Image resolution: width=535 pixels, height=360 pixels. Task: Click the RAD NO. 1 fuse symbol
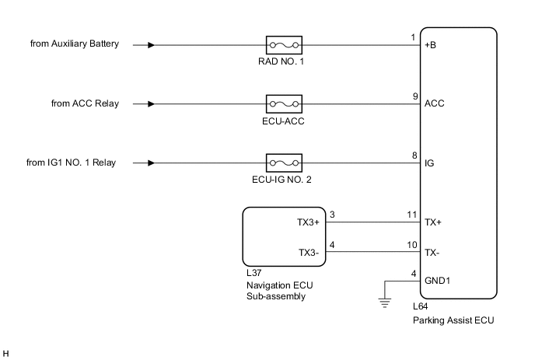click(x=284, y=44)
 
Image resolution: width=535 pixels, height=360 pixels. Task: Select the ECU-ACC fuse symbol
click(x=284, y=103)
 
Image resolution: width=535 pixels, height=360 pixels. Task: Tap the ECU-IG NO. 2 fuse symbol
click(x=284, y=163)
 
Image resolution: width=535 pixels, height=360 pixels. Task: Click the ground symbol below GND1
click(x=384, y=304)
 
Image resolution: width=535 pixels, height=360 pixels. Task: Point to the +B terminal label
click(x=431, y=44)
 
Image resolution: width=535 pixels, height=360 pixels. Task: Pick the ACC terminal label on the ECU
click(x=434, y=103)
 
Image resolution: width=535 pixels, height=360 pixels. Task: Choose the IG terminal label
click(x=429, y=163)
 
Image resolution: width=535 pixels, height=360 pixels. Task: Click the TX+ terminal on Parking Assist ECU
click(x=432, y=222)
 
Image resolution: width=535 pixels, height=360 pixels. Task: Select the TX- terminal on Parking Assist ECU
click(x=432, y=253)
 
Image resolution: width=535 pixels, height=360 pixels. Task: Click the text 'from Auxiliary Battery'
click(x=75, y=44)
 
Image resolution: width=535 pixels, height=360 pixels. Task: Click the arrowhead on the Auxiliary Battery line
click(x=151, y=44)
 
